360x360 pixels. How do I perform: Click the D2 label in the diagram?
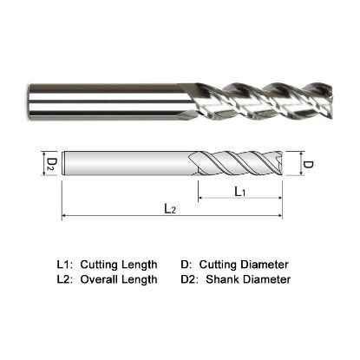click(52, 162)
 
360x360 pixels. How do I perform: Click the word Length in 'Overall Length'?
click(140, 279)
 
